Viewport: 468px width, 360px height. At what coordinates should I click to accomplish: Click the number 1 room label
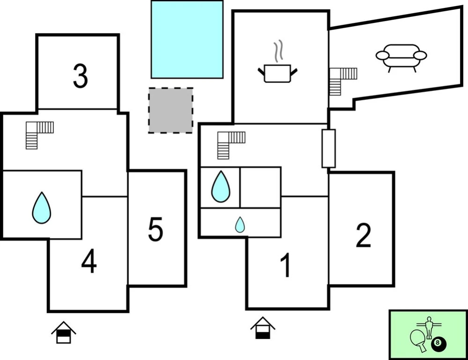click(285, 265)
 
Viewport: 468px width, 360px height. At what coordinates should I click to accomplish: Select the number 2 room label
click(364, 235)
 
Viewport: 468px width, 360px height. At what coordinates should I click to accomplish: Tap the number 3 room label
click(80, 76)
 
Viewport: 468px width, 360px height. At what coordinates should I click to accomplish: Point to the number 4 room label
click(89, 261)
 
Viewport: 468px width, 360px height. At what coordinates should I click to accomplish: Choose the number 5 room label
click(156, 230)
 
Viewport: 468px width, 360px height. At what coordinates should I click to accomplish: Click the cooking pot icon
click(277, 73)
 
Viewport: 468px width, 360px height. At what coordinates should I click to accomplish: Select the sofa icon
click(401, 57)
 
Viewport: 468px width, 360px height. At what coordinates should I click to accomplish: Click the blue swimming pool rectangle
click(187, 39)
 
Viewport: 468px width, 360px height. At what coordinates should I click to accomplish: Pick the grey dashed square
click(171, 111)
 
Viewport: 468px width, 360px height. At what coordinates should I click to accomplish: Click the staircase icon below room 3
click(39, 134)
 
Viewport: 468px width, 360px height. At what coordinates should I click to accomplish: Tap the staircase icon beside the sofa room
click(342, 80)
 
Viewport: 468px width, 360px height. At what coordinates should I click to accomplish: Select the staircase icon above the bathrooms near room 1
click(230, 144)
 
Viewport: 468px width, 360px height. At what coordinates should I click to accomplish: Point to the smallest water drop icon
click(240, 225)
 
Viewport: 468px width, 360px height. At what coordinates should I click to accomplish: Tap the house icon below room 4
click(64, 332)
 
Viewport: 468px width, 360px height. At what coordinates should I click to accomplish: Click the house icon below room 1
click(263, 328)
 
